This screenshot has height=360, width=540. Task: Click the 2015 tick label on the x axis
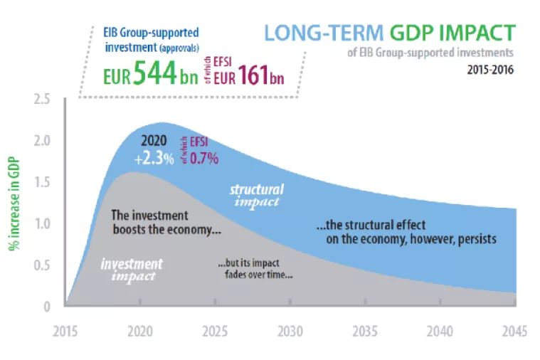tap(65, 332)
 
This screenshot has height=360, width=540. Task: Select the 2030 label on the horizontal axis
tap(290, 332)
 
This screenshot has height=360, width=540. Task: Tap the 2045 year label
tap(514, 332)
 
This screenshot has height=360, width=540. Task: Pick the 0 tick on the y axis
tap(46, 307)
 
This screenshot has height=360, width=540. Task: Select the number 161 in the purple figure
tap(253, 75)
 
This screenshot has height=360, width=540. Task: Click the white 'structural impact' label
tap(256, 195)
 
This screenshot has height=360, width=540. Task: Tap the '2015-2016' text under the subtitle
tap(491, 70)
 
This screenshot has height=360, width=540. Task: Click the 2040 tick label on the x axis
tap(440, 332)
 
